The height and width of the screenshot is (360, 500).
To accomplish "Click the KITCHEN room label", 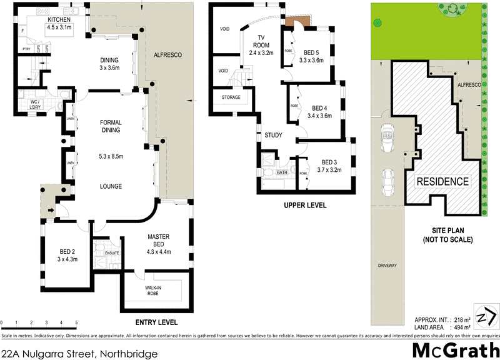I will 61,19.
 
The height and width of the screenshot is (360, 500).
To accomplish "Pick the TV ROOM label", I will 261,45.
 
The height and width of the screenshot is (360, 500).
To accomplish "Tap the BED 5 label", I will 312,52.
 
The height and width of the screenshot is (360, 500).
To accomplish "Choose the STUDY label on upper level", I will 273,135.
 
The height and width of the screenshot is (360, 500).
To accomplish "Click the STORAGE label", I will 231,97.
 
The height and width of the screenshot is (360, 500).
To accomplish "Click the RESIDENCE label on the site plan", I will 442,182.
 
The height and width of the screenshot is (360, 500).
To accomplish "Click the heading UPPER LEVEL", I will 305,205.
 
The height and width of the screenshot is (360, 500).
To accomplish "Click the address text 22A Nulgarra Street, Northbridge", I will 79,353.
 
